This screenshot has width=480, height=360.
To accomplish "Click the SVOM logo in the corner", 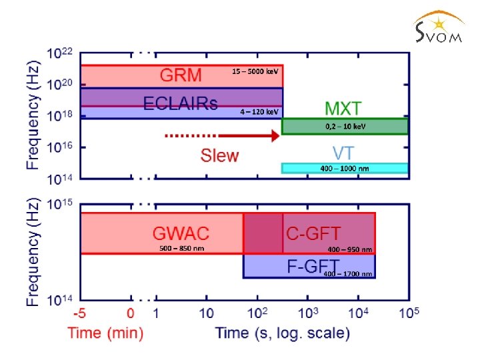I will [436, 28].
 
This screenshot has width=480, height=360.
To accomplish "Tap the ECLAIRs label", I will [180, 103].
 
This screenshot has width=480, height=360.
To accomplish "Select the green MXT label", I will [343, 108].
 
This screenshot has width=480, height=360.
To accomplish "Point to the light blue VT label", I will [343, 152].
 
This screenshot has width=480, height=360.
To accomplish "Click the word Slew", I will [219, 155].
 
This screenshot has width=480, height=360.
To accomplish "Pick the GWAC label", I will [181, 233].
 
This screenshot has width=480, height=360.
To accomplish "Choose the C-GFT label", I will [313, 233].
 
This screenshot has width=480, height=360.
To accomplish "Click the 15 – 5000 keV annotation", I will [255, 71].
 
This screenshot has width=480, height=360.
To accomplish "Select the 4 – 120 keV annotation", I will [259, 112].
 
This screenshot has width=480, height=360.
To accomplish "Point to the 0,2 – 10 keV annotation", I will [345, 126].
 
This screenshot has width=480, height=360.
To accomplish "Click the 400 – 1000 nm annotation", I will [344, 169].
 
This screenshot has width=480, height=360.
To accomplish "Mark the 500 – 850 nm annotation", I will [181, 248].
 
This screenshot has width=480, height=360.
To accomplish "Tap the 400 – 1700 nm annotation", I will [347, 274].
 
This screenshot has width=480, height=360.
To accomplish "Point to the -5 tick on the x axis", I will [80, 313].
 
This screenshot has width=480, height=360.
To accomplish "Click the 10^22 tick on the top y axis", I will [59, 53].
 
